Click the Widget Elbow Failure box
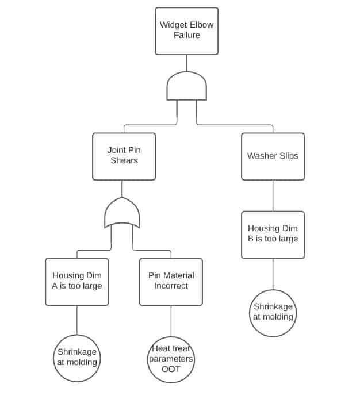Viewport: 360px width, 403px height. (x=186, y=31)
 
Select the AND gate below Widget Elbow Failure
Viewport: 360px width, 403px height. (x=186, y=87)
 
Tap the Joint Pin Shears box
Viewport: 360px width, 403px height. (x=124, y=156)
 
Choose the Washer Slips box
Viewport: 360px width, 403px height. (x=273, y=156)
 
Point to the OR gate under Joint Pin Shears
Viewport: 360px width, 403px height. (x=122, y=213)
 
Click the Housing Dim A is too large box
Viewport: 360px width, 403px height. (x=76, y=282)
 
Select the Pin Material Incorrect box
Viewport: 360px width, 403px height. (x=171, y=282)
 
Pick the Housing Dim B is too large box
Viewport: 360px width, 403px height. (x=273, y=235)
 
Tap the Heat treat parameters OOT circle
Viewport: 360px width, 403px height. (x=171, y=359)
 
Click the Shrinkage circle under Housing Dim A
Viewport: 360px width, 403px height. (x=76, y=358)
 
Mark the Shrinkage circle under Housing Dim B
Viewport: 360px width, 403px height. (x=273, y=313)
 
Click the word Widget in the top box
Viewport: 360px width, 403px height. (x=172, y=25)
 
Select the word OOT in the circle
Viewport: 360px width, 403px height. (x=171, y=369)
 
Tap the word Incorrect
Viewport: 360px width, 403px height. (x=171, y=286)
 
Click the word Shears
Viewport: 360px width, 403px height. (x=124, y=160)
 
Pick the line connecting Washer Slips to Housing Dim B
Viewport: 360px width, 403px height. (x=273, y=195)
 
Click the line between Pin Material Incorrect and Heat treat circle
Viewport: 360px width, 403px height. (x=171, y=321)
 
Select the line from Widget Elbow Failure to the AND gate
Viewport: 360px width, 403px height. (x=186, y=63)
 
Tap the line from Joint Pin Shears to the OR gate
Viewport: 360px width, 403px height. (x=122, y=189)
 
